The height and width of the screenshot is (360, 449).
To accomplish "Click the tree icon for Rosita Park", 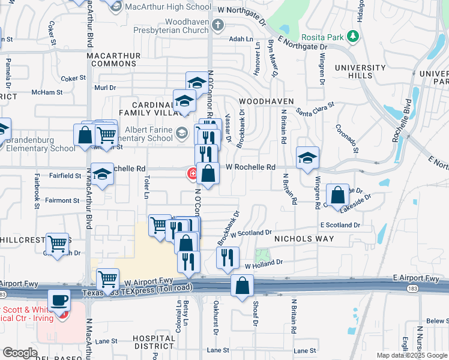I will (x=354, y=37).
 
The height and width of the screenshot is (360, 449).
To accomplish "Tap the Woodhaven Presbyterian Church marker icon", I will (x=217, y=25).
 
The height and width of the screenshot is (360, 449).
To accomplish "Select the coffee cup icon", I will (x=59, y=299).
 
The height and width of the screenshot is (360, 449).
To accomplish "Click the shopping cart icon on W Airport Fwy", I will (x=107, y=278).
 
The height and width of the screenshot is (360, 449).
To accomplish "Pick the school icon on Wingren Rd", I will (x=307, y=158).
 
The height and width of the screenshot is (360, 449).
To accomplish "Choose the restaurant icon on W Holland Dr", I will (x=228, y=257).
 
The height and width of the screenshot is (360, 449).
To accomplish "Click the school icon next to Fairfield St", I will (x=103, y=175).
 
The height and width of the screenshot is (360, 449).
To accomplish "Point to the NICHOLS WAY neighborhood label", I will (x=304, y=239).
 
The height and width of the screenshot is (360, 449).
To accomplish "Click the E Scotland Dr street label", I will (x=340, y=225).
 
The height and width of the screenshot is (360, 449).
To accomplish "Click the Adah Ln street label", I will (x=241, y=38).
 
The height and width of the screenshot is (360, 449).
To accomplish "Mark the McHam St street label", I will (x=47, y=92).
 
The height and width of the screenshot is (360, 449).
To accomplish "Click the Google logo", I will (x=20, y=353).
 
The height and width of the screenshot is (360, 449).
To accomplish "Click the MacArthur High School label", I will (x=167, y=7).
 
